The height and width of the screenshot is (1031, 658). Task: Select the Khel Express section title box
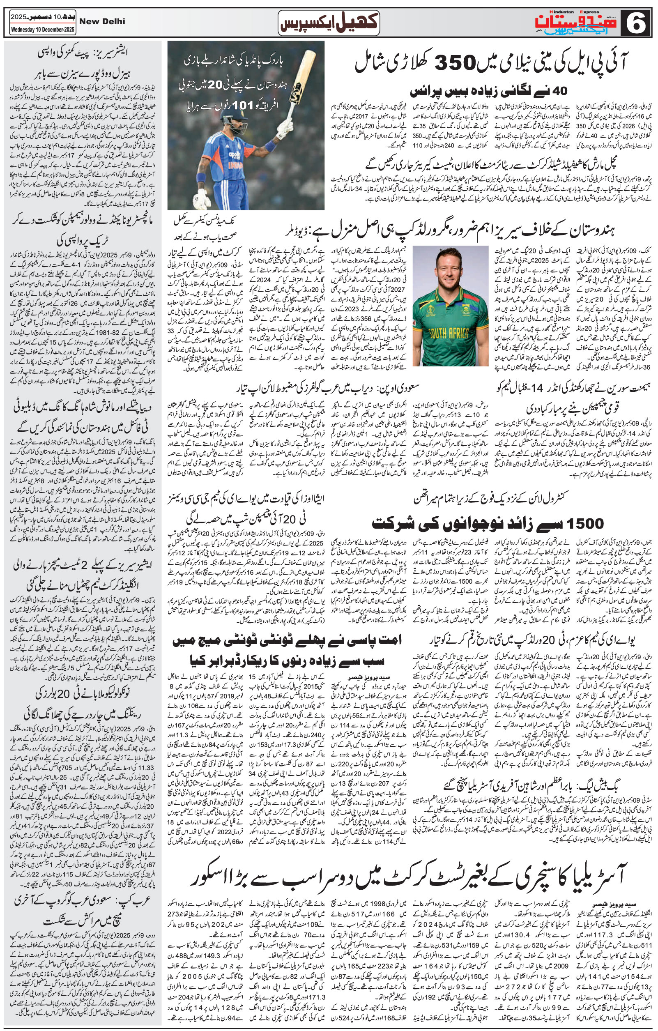tap(328, 22)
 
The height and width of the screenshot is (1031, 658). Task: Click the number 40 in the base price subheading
tap(559, 91)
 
